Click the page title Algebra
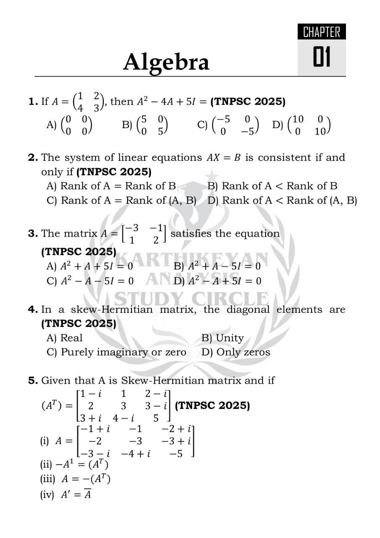tap(166, 62)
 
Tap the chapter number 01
tap(322, 58)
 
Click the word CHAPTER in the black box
tap(322, 32)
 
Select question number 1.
tap(33, 102)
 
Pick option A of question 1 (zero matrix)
tap(70, 125)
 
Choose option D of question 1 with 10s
tap(302, 125)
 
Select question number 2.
tap(33, 158)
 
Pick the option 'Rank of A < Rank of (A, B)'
tap(282, 200)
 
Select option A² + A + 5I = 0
tap(90, 266)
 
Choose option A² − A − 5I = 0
tap(90, 281)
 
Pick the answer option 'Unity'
tap(223, 338)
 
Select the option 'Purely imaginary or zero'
tap(117, 352)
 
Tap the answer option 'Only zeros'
tap(236, 352)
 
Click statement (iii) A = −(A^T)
tap(76, 479)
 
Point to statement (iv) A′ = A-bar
tap(66, 494)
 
